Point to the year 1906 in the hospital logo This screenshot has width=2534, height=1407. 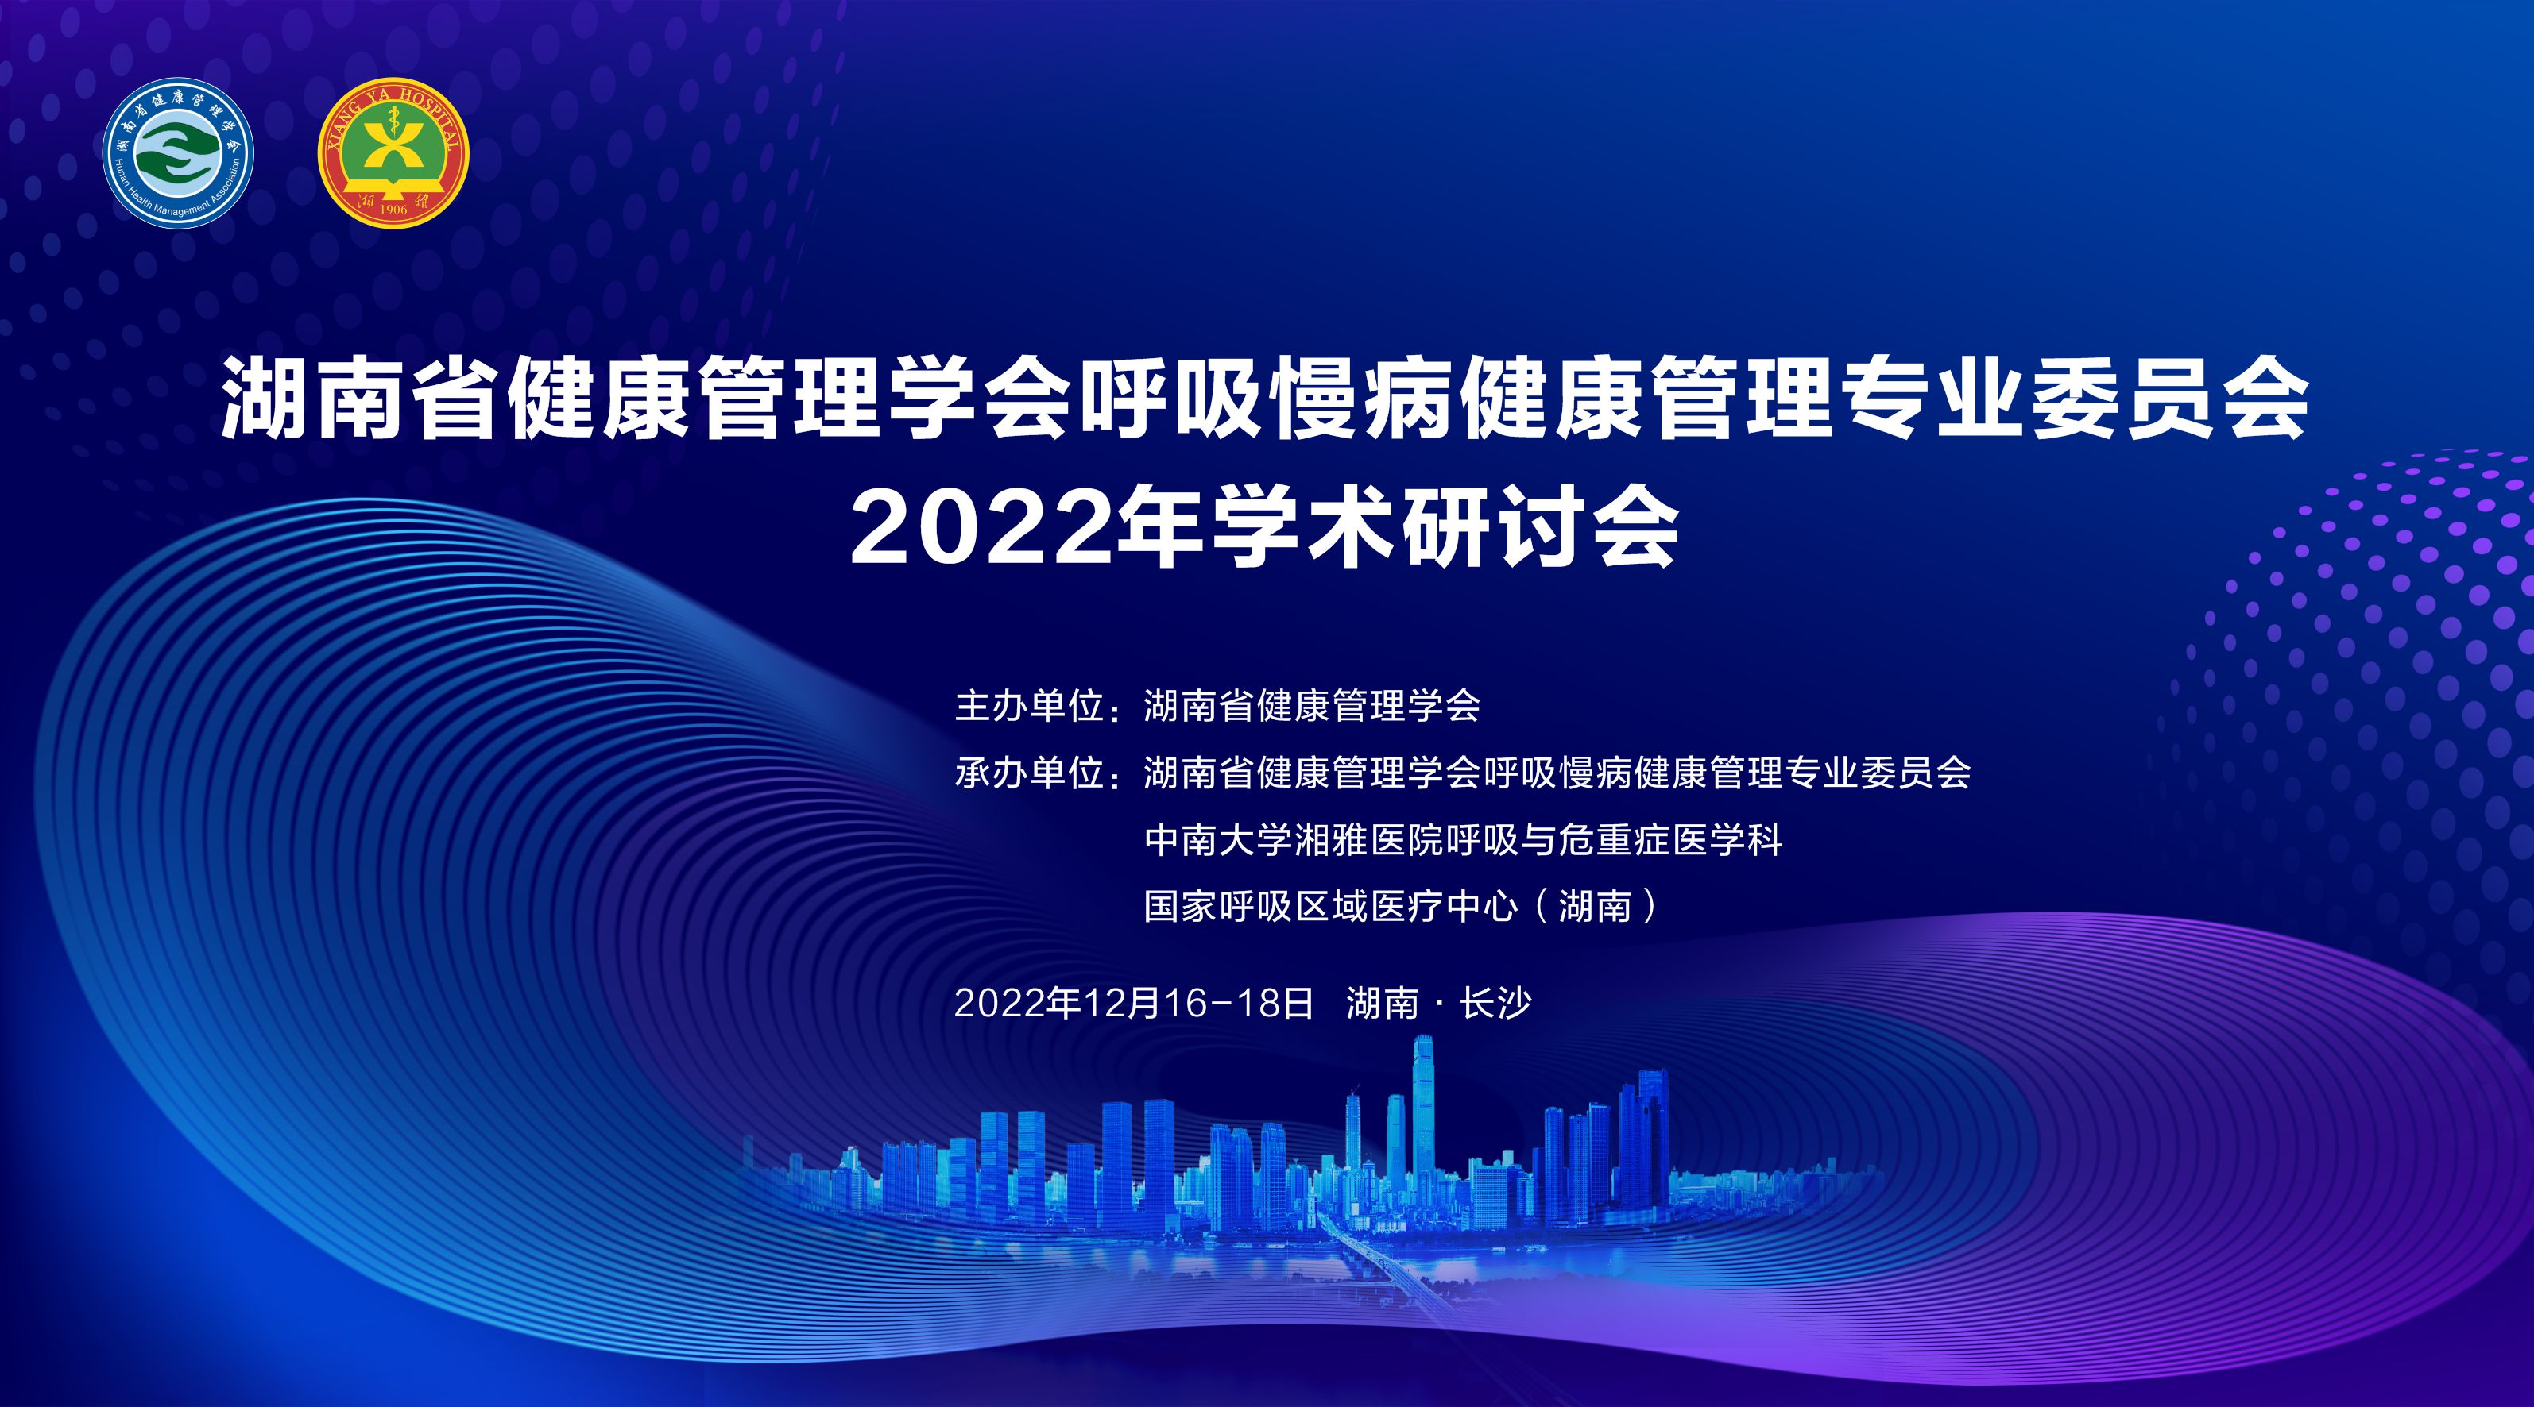click(x=393, y=210)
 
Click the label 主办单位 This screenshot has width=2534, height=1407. click(x=1029, y=707)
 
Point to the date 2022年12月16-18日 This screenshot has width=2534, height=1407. click(x=1134, y=1003)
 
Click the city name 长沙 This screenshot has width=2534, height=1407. click(x=1496, y=1003)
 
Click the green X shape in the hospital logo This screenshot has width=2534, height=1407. click(x=393, y=148)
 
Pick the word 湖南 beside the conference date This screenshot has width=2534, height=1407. click(x=1382, y=1003)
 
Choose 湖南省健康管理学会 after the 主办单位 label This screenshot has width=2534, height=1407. click(x=1312, y=707)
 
